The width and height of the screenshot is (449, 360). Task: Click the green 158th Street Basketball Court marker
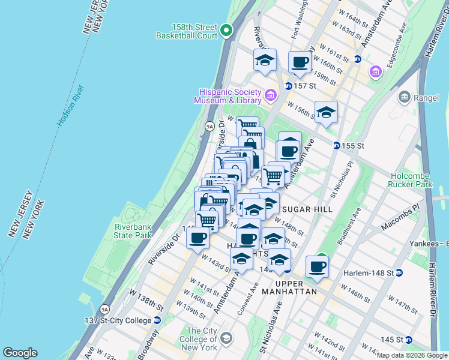point(226,30)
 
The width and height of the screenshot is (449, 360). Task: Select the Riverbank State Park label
point(134,231)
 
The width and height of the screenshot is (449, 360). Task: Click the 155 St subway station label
point(354,146)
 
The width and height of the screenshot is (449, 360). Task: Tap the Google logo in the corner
point(20,353)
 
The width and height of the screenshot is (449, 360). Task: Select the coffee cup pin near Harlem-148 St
point(317,266)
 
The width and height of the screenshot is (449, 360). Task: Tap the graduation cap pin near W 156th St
point(326,112)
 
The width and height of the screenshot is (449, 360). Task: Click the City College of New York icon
point(226,337)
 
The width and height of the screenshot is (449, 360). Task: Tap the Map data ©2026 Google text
point(412,355)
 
